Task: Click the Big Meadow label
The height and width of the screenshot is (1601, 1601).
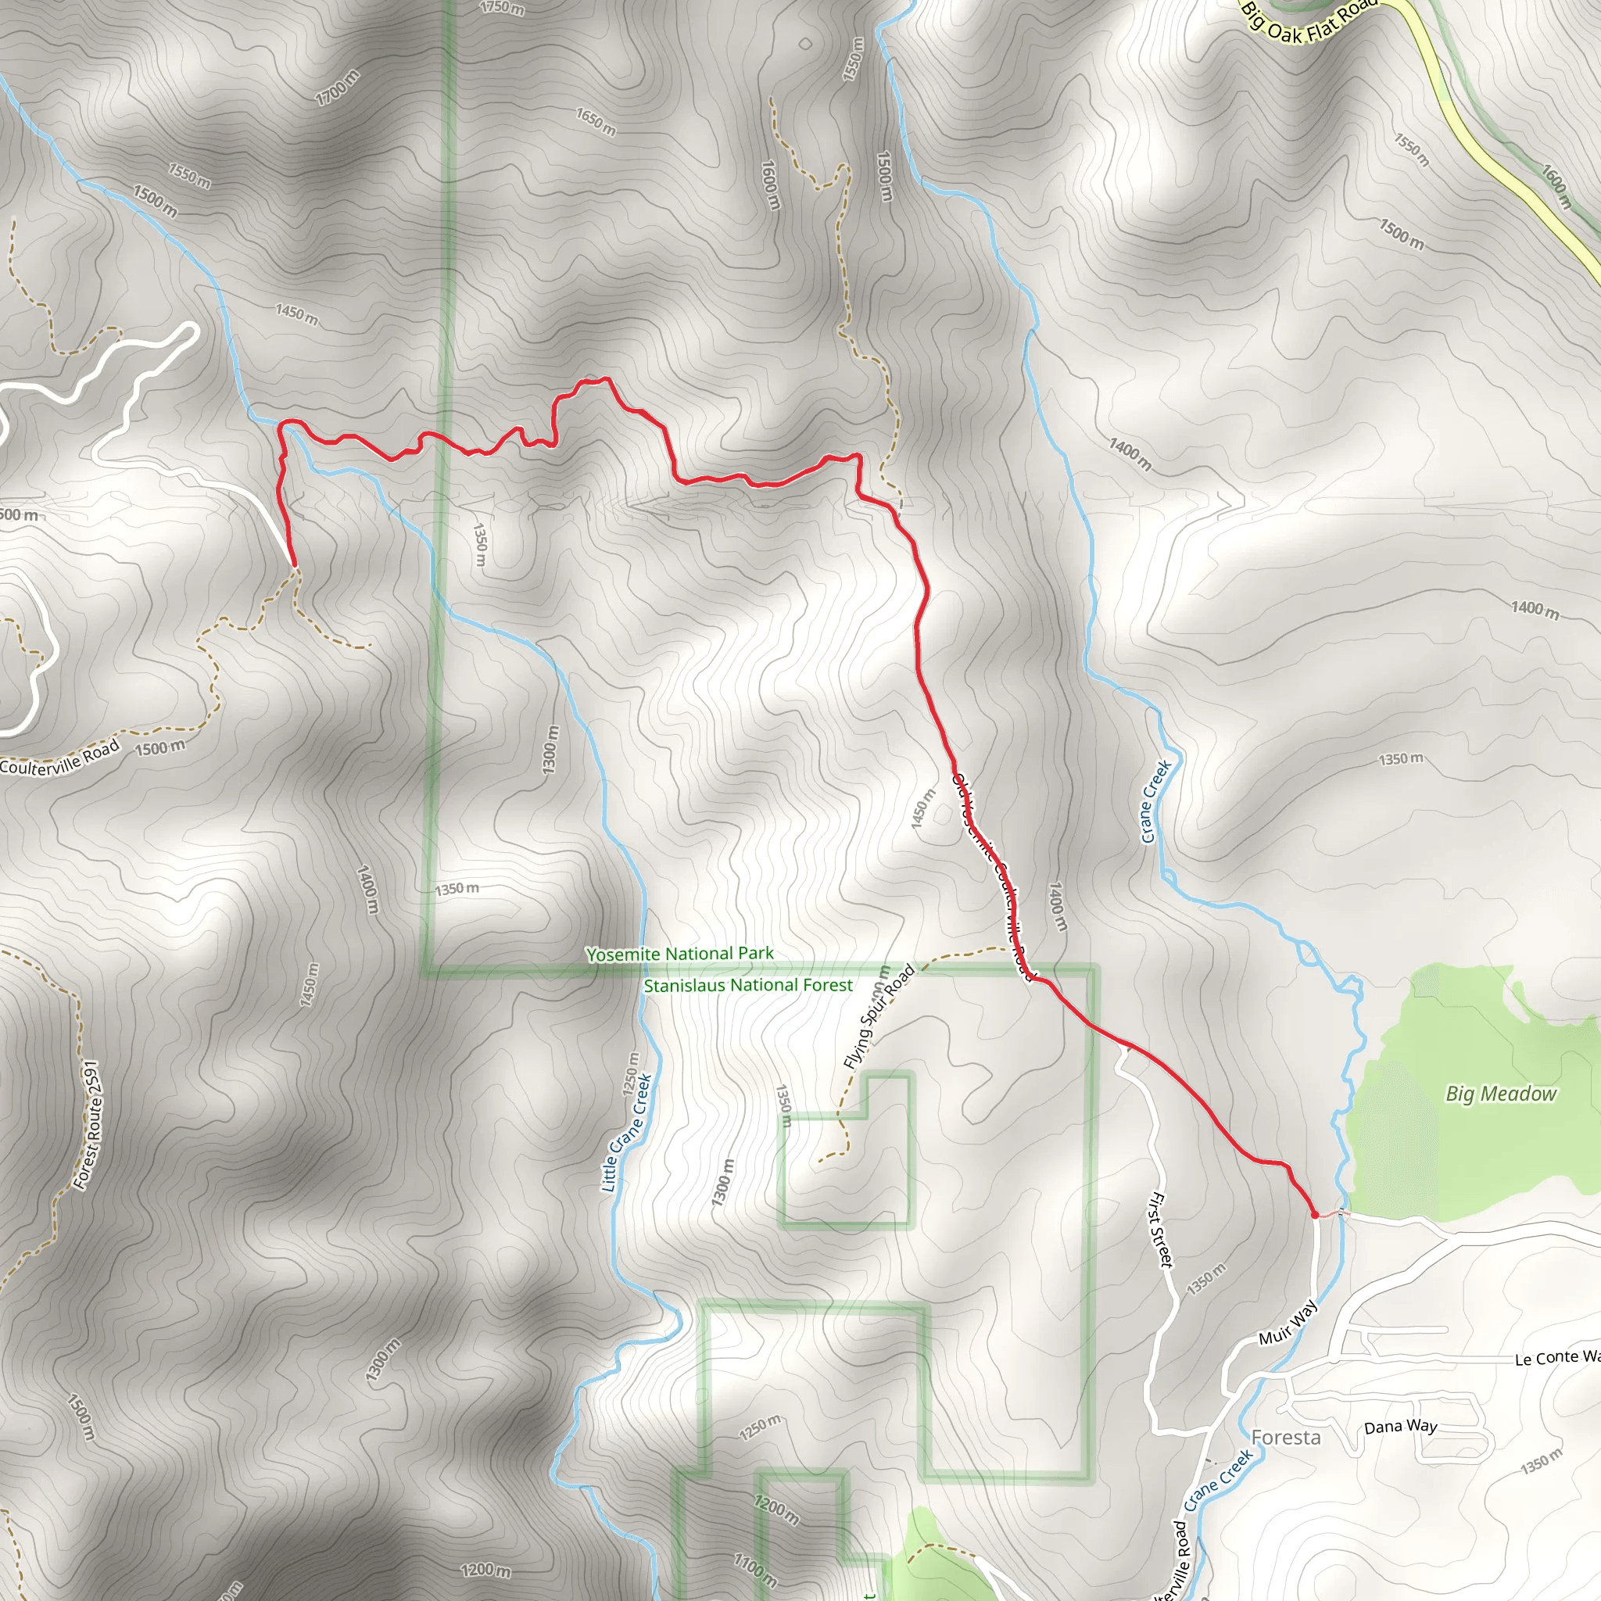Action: [x=1501, y=1094]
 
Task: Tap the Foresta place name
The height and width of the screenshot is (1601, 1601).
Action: [x=1285, y=1438]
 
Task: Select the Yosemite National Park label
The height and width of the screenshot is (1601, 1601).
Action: [x=679, y=954]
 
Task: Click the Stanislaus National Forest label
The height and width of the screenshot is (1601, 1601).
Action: [x=747, y=985]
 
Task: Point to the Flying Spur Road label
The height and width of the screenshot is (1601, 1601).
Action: [x=879, y=1017]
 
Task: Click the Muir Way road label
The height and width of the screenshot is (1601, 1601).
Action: [x=1287, y=1323]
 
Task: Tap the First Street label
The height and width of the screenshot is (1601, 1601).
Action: [x=1161, y=1230]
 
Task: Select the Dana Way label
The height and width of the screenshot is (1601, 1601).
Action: [x=1400, y=1427]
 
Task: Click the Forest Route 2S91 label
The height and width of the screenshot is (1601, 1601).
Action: [x=86, y=1126]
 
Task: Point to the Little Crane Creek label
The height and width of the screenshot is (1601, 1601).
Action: [x=625, y=1134]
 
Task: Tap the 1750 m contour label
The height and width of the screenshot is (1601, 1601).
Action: [x=502, y=8]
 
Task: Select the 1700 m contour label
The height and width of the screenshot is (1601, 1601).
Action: [x=337, y=88]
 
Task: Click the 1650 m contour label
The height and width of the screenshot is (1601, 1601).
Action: [x=596, y=121]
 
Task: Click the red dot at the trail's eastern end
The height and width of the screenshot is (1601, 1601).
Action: [x=1314, y=1216]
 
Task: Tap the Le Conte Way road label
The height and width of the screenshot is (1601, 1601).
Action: [x=1556, y=1358]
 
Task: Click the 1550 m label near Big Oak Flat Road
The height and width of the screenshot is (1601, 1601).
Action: [x=1411, y=149]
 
